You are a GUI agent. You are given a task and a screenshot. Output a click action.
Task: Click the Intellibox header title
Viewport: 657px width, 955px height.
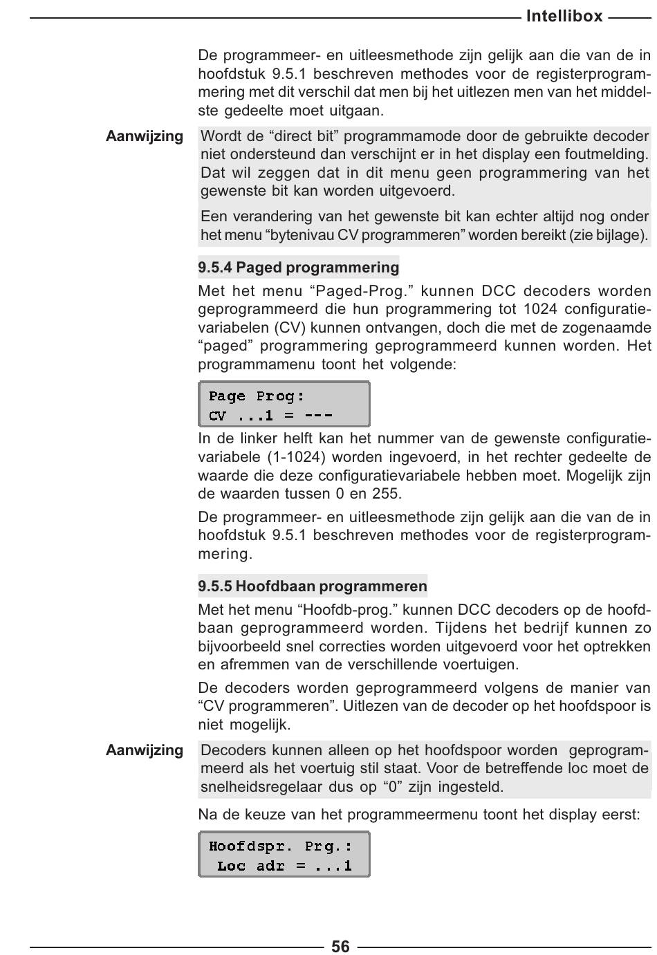564,16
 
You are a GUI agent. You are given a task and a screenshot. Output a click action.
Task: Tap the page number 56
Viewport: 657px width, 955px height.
340,946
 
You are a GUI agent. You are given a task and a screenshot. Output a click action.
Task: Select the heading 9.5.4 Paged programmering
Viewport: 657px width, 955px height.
299,268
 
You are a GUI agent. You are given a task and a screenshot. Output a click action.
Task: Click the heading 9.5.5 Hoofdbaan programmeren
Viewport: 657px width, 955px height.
313,586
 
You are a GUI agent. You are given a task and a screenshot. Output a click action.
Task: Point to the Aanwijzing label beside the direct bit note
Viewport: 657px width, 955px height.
145,136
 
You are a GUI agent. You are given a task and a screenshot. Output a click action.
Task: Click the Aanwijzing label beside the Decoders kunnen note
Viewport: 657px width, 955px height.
145,750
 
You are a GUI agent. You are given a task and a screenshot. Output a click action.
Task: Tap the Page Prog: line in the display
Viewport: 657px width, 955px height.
257,396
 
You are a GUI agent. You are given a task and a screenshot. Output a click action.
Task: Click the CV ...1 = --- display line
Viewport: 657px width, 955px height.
270,416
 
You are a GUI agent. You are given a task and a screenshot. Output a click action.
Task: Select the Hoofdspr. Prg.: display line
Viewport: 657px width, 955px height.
280,846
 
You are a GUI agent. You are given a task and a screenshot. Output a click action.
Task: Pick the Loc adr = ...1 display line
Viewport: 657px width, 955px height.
284,866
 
